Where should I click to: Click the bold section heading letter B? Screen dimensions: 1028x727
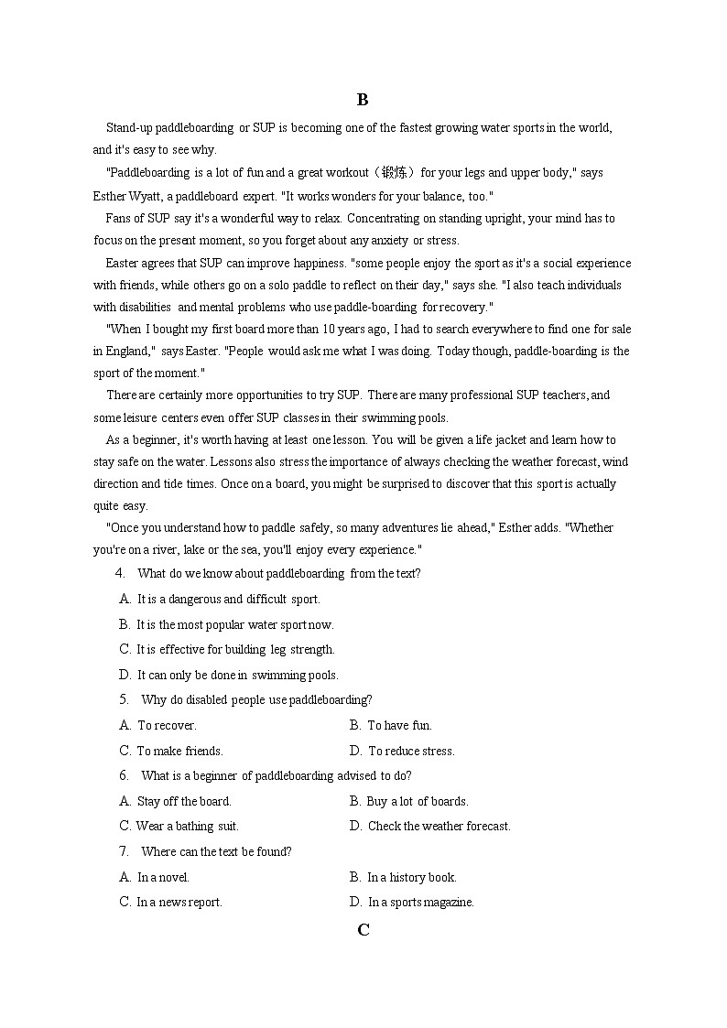[363, 100]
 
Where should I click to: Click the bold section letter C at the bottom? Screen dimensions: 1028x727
[363, 930]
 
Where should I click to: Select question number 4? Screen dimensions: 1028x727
[120, 573]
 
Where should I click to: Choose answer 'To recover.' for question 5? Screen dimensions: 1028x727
[167, 725]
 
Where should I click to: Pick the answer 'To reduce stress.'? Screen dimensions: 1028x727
[410, 751]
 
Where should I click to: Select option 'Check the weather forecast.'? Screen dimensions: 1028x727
[439, 826]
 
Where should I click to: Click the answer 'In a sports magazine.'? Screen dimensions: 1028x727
[420, 902]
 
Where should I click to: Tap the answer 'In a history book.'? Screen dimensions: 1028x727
[411, 877]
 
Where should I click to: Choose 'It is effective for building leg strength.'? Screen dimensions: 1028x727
[235, 649]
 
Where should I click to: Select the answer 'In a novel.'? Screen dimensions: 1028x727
[163, 877]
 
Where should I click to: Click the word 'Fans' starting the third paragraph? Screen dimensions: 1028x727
[119, 218]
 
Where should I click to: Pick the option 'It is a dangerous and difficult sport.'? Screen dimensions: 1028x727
[228, 600]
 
